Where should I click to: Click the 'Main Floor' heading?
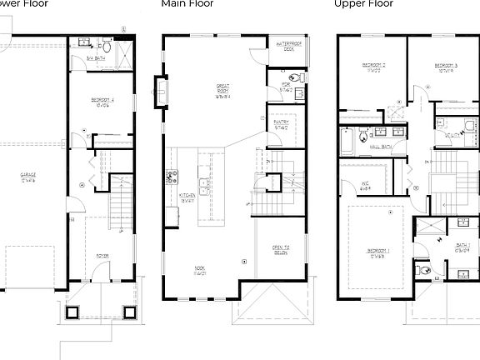point(187,4)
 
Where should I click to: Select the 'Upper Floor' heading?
point(363,4)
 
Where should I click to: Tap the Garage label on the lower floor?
point(29,176)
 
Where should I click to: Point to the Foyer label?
point(102,255)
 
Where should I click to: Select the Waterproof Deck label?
point(288,47)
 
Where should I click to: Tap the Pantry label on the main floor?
point(281,125)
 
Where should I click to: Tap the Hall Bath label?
point(380,147)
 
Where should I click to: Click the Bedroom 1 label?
point(377,252)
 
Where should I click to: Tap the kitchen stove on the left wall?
point(172,176)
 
